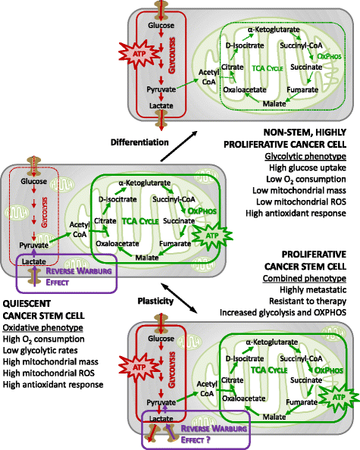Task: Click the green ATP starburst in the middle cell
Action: (x=212, y=236)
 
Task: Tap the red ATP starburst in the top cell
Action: (x=139, y=54)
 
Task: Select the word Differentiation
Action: (x=139, y=142)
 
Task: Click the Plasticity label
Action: (x=155, y=301)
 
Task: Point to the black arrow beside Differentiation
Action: (x=179, y=146)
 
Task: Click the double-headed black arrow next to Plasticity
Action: (x=179, y=298)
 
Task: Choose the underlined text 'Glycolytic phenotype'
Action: (x=305, y=156)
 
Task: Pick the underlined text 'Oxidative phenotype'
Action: (x=42, y=327)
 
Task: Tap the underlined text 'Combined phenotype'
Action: (x=305, y=278)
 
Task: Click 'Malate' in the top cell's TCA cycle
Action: (x=274, y=104)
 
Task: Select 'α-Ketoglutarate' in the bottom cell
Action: (x=271, y=342)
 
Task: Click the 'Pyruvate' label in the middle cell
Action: (x=33, y=245)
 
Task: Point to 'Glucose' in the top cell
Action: (x=161, y=25)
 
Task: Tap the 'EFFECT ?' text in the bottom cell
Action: (x=196, y=439)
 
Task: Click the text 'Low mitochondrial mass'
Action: (x=299, y=191)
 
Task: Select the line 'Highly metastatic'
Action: (x=313, y=290)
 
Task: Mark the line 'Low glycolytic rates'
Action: (x=40, y=351)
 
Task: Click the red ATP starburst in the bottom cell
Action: (x=139, y=367)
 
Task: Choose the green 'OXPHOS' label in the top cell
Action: (x=329, y=56)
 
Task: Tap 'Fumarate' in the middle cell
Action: (x=175, y=244)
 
